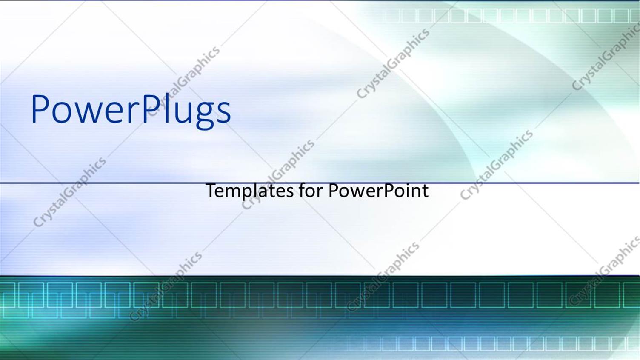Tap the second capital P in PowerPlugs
[x=150, y=109]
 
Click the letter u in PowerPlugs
[x=182, y=112]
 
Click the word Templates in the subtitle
[x=249, y=190]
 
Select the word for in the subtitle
[x=311, y=190]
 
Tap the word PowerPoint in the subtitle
[x=378, y=190]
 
